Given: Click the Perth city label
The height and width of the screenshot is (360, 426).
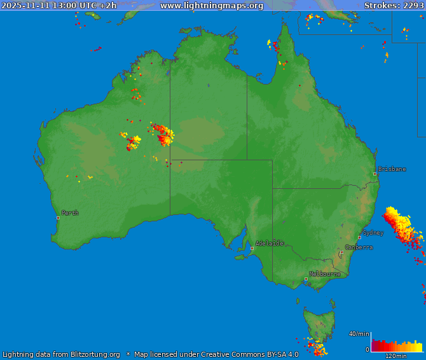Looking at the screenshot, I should (70, 213).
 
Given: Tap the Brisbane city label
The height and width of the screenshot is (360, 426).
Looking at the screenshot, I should (392, 169).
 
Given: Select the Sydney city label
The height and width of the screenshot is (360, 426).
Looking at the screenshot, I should (373, 233).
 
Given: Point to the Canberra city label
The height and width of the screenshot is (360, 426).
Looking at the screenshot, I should (359, 247).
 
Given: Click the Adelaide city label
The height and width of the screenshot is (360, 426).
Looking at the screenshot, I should (270, 244).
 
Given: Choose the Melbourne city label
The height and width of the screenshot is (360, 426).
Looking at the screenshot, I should (324, 274).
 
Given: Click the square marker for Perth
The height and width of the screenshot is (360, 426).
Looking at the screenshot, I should (58, 218).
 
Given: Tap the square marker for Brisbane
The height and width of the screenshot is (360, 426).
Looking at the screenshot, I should (374, 174).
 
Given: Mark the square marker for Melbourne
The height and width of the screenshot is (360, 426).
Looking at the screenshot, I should (306, 279).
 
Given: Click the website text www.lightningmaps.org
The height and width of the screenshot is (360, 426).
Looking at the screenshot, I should (211, 6).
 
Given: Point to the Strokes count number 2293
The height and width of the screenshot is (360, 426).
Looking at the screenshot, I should (413, 6).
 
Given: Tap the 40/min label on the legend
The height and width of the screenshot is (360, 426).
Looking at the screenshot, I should (359, 334).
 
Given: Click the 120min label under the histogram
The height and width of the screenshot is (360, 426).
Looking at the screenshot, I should (395, 356).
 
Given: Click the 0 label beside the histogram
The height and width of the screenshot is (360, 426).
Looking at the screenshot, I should (367, 349).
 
